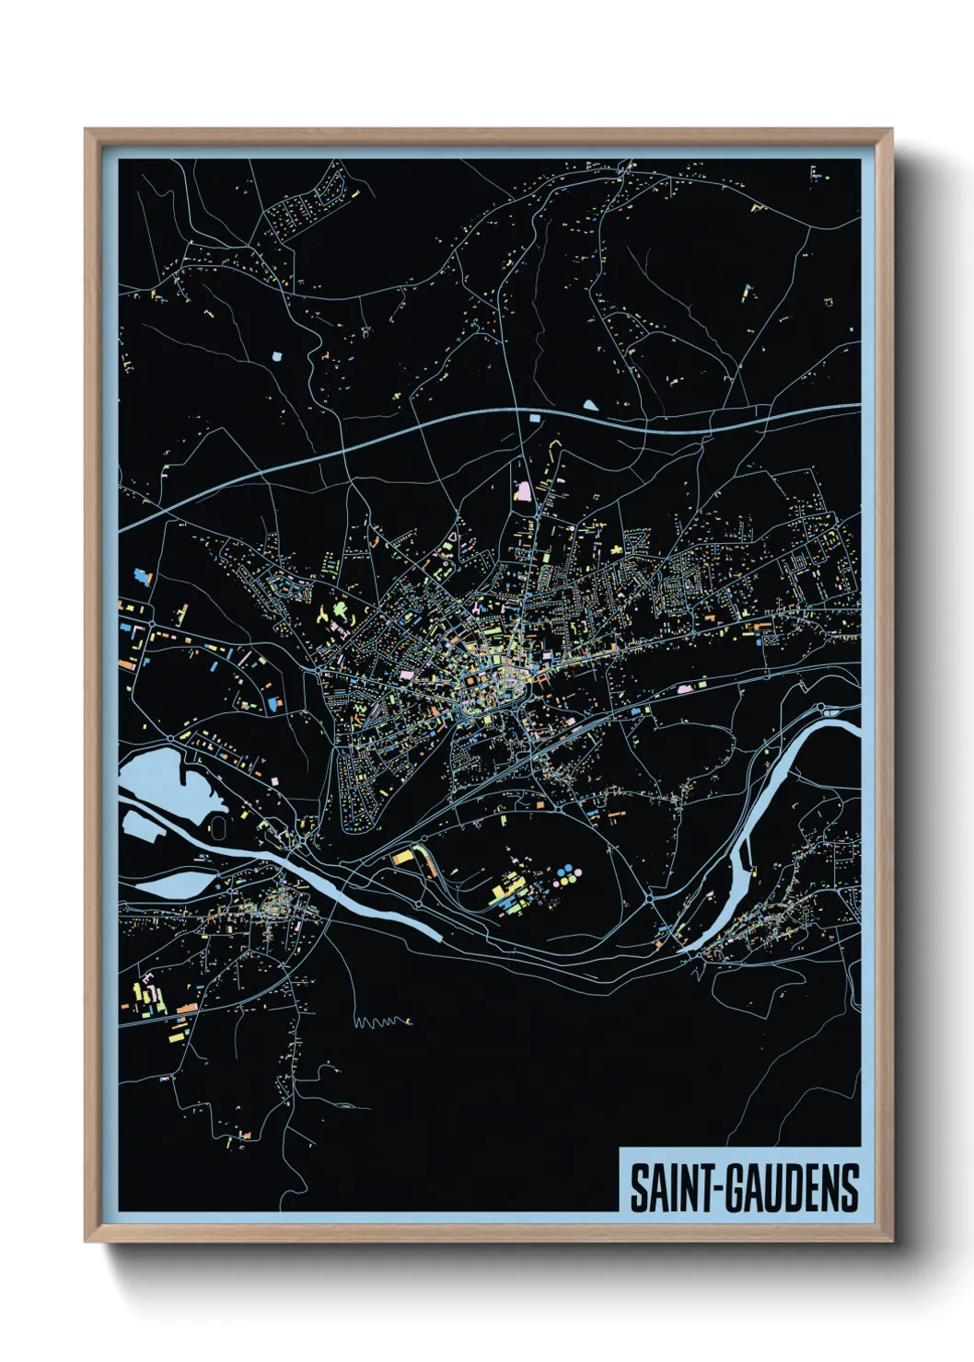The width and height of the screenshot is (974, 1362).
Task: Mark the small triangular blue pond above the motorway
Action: (x=589, y=403)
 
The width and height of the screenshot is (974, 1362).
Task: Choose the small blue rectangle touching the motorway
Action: (x=533, y=419)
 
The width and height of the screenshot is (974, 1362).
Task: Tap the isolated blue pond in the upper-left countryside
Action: (x=277, y=352)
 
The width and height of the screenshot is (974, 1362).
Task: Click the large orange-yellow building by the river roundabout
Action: (x=403, y=858)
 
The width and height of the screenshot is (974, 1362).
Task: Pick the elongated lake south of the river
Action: (x=175, y=884)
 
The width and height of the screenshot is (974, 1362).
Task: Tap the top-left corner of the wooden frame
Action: (x=87, y=133)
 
